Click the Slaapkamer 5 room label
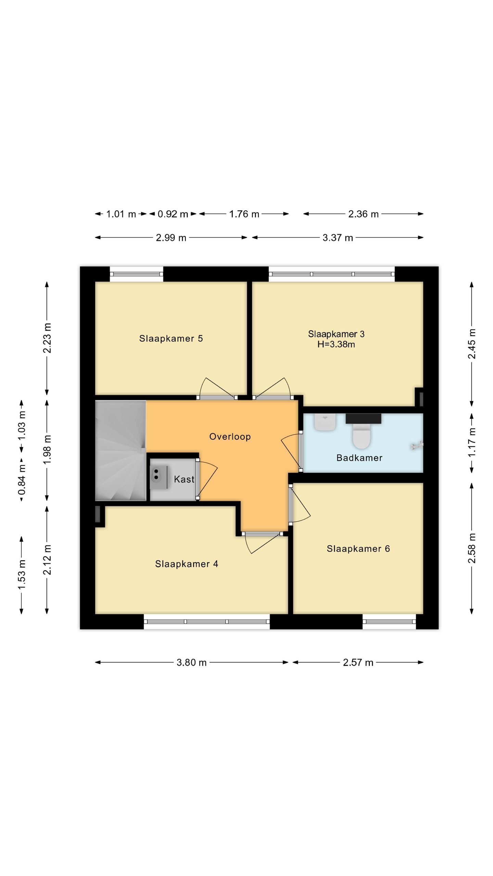(x=171, y=338)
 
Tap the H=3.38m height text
(x=336, y=344)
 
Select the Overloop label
(x=230, y=436)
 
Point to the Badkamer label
(x=359, y=458)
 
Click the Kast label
(x=184, y=479)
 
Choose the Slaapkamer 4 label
(x=187, y=564)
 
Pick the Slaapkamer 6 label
(x=358, y=549)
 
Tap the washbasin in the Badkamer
(x=325, y=422)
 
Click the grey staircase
(x=121, y=450)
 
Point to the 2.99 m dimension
(x=171, y=237)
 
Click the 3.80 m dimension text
(x=192, y=662)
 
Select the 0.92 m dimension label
(x=173, y=214)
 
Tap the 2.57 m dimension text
(x=358, y=662)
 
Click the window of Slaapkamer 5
(x=136, y=274)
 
